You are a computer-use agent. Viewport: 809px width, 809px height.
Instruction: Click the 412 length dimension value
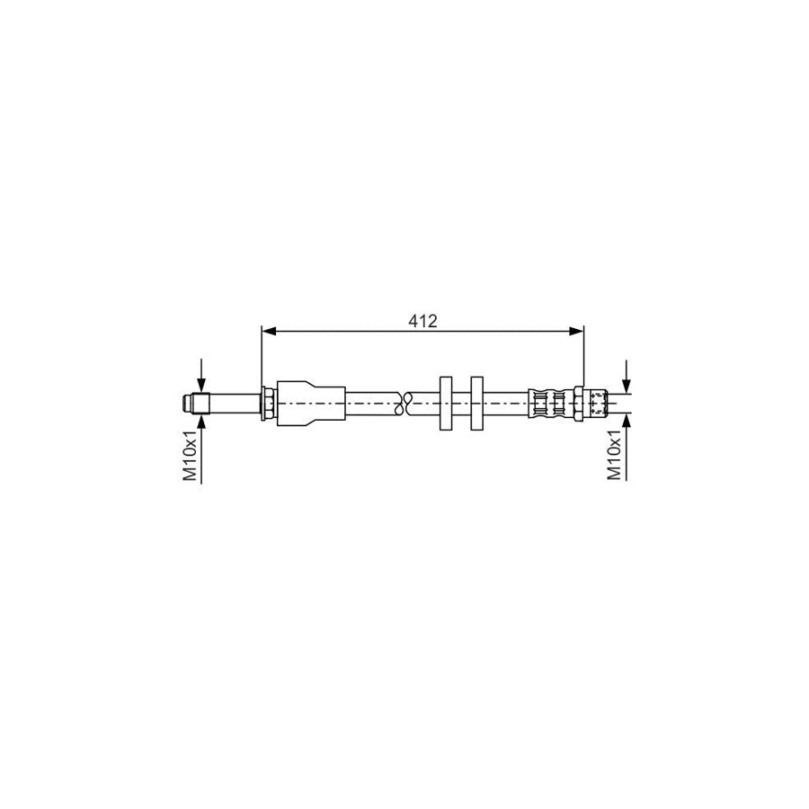click(x=422, y=321)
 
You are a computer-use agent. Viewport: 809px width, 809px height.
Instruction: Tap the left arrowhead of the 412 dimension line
click(x=269, y=332)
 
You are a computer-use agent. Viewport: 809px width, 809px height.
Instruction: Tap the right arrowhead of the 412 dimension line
click(x=577, y=332)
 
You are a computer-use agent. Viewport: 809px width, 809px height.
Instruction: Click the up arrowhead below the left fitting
click(x=201, y=421)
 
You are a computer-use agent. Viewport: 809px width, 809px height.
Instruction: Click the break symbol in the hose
click(x=404, y=403)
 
